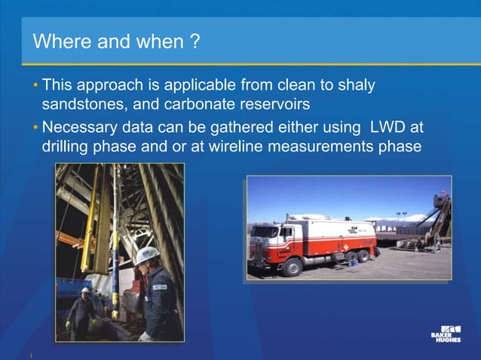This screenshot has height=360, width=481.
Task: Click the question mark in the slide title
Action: (195, 41)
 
